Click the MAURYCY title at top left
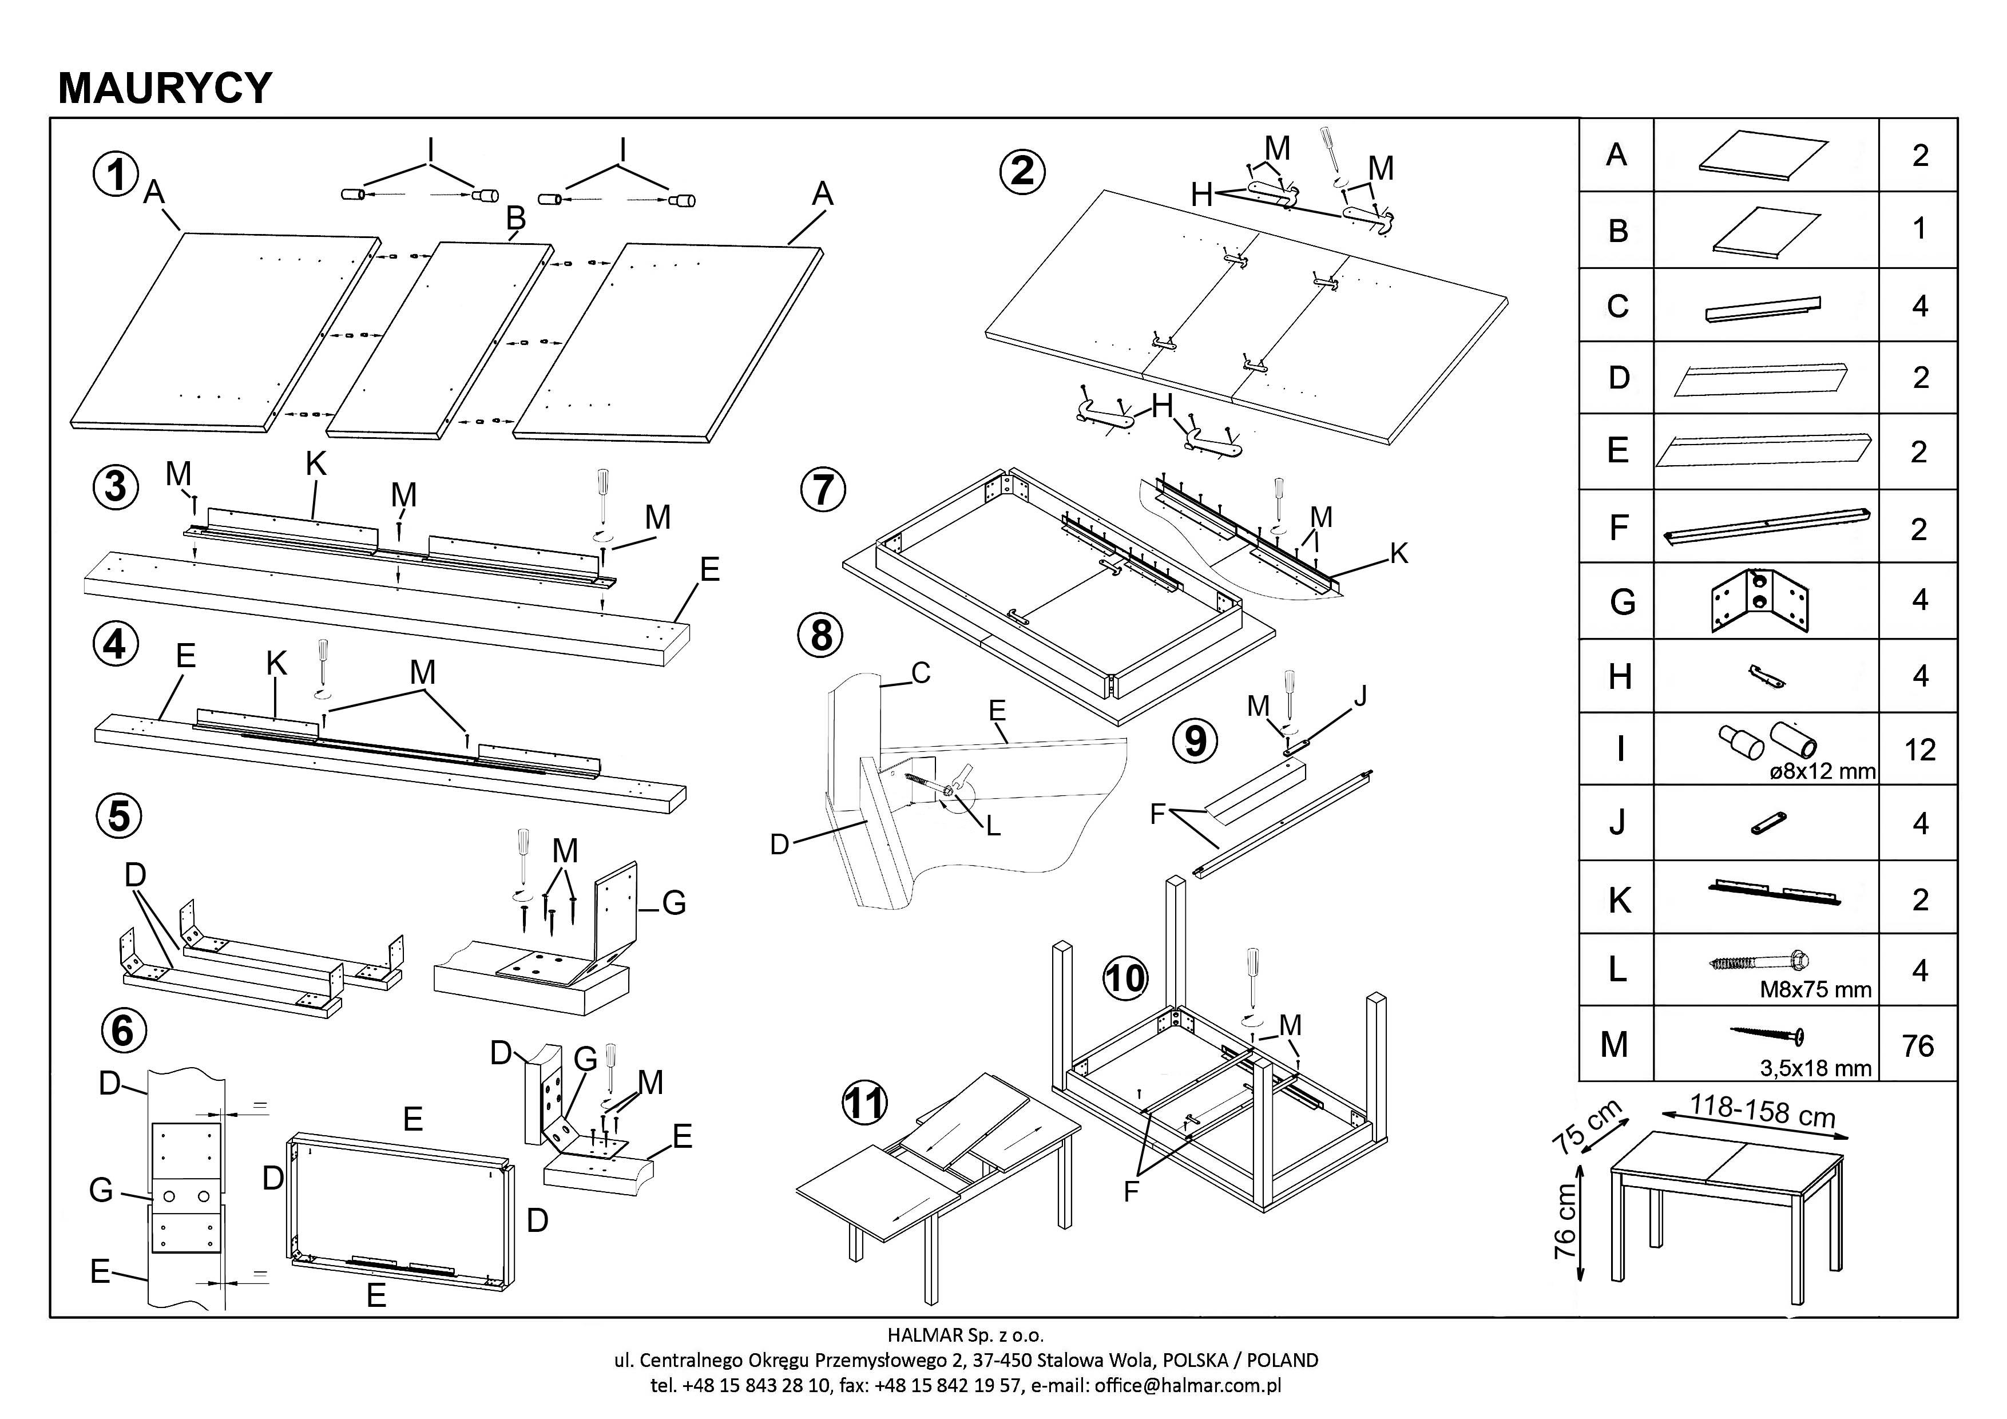tap(165, 88)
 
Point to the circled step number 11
tap(864, 1103)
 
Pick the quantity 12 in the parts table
tap(1919, 750)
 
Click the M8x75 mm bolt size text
tap(1815, 990)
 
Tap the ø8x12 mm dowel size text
tap(1823, 772)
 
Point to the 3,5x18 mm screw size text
tap(1815, 1068)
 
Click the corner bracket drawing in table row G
tap(1759, 601)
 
